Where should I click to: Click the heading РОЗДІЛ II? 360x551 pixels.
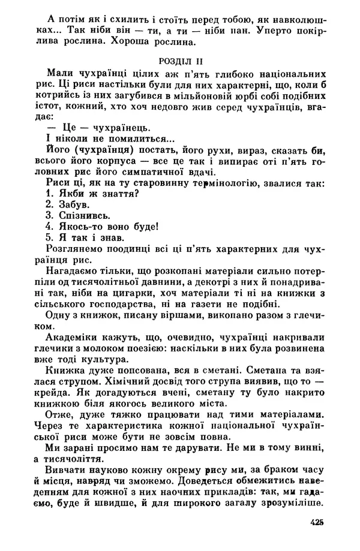[x=180, y=61]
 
